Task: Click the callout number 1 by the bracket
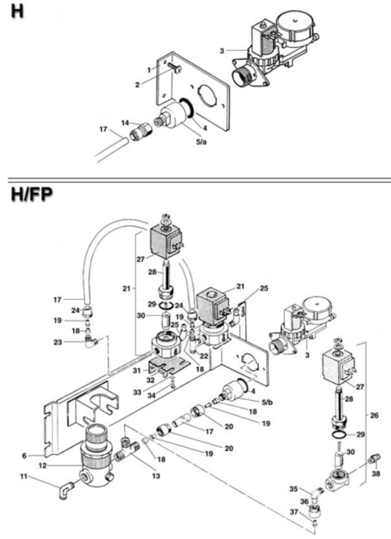150,69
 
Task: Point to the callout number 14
125,123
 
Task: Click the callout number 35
309,489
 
